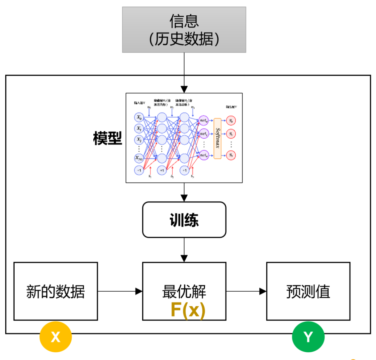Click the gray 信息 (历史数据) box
184,30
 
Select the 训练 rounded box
184,220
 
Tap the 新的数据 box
56,291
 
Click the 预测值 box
308,291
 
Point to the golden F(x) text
188,310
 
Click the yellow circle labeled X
56,337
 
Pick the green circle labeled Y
308,337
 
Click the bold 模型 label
108,139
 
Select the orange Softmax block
218,138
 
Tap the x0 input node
139,117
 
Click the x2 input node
139,140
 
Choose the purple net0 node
204,120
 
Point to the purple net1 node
204,133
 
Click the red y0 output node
231,120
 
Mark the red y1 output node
231,133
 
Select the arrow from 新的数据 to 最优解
120,291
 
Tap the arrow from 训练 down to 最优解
184,250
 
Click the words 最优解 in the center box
184,291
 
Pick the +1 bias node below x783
139,170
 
